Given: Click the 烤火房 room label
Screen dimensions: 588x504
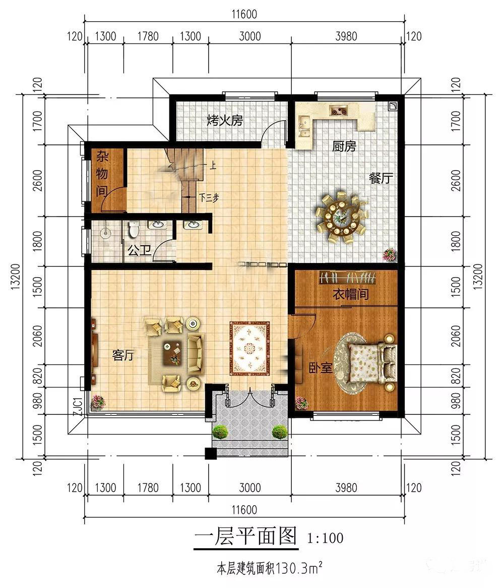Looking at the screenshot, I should click(x=225, y=121).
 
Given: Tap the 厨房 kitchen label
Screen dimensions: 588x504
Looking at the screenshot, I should click(x=344, y=147).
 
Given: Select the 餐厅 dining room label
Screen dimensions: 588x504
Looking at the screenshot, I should click(x=381, y=178).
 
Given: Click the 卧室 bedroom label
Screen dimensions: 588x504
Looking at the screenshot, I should click(x=321, y=367).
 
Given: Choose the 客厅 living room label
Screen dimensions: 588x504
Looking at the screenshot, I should click(x=123, y=355).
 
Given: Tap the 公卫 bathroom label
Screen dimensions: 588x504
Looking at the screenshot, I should click(x=140, y=250).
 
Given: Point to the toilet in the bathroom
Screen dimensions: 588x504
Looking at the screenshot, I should click(x=134, y=230).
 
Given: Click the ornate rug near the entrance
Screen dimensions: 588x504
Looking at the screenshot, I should click(x=249, y=348).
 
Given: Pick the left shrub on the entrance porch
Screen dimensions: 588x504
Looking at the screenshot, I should click(x=220, y=432).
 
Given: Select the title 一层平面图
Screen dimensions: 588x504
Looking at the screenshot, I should click(x=245, y=536).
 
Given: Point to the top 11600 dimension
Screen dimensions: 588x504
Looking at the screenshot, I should click(x=244, y=15).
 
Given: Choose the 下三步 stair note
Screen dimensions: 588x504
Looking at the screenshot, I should click(x=208, y=197).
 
